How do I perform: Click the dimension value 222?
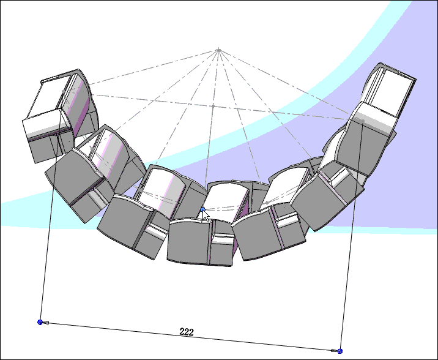(x=187, y=332)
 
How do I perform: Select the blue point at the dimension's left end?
(x=40, y=321)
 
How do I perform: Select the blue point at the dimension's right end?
(x=340, y=351)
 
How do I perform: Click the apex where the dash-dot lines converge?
(x=218, y=49)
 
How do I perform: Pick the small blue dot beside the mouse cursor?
(x=202, y=210)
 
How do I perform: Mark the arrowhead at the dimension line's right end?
(x=333, y=351)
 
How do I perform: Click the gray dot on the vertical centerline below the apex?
(x=212, y=106)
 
